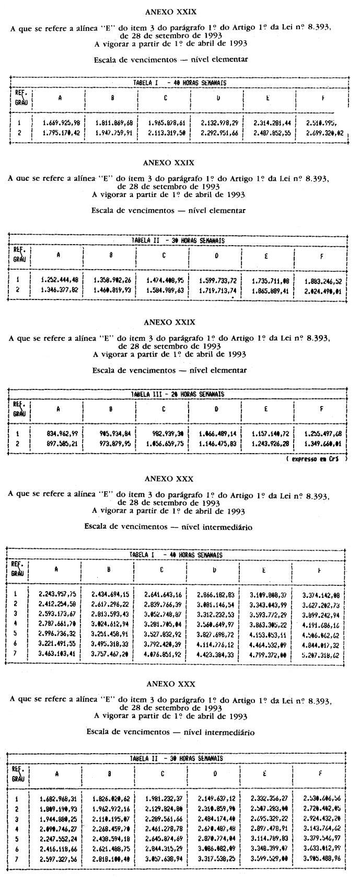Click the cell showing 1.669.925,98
(62, 123)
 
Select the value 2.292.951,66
(219, 133)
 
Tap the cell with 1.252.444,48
(60, 280)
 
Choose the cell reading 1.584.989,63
(165, 290)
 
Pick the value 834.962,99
(62, 433)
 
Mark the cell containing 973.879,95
(113, 444)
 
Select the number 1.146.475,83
(217, 444)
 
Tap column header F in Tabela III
(321, 409)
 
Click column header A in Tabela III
(59, 409)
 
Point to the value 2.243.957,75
(57, 594)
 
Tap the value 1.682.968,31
(59, 799)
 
